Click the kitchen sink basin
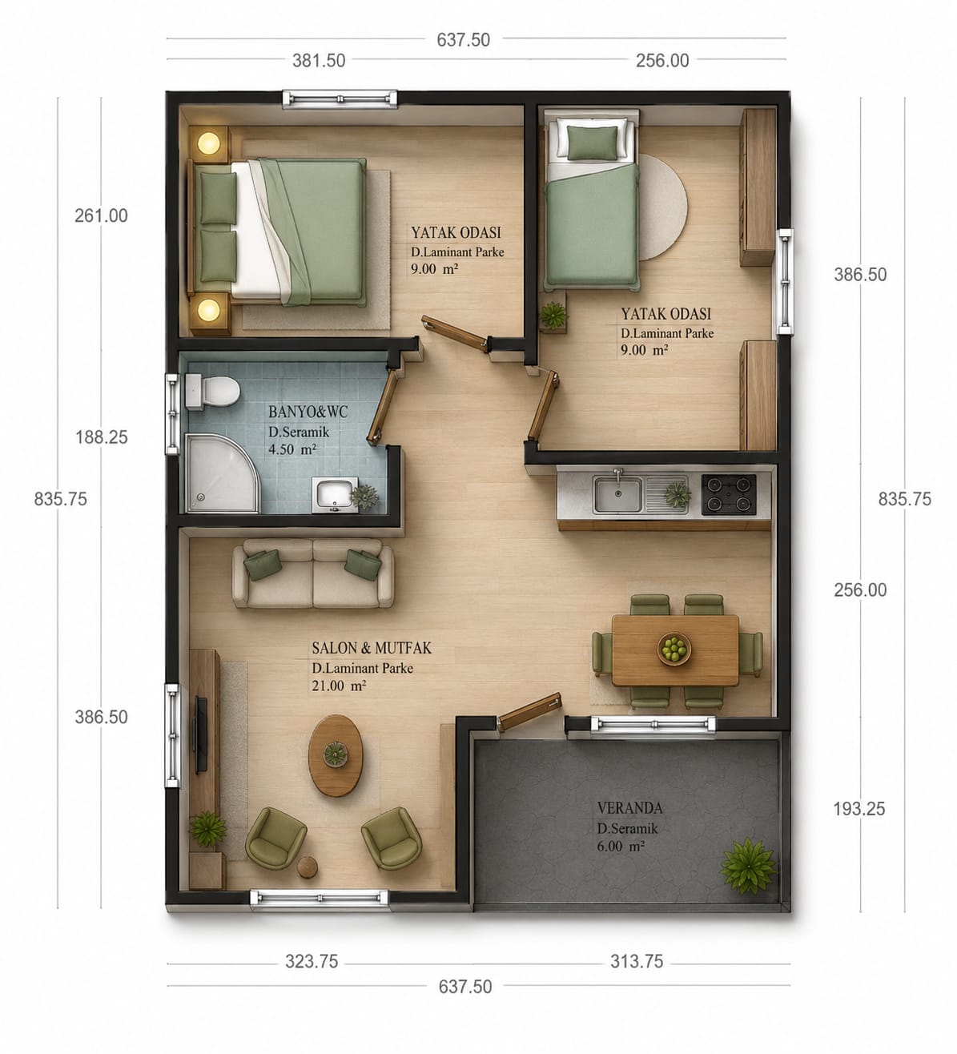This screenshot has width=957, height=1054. pos(617,494)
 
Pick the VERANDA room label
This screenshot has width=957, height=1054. pos(629,808)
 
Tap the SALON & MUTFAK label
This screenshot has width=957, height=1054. pos(371,648)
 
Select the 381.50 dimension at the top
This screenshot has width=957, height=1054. pos(319,61)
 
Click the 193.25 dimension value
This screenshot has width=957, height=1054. pos(858,809)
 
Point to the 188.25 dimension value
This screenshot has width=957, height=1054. pos(102,437)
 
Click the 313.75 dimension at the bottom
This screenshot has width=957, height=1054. pos(637,962)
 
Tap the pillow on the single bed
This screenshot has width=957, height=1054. pos(593,143)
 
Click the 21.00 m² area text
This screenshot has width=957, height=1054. pos(339,686)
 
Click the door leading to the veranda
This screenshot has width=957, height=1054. pos(529,711)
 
